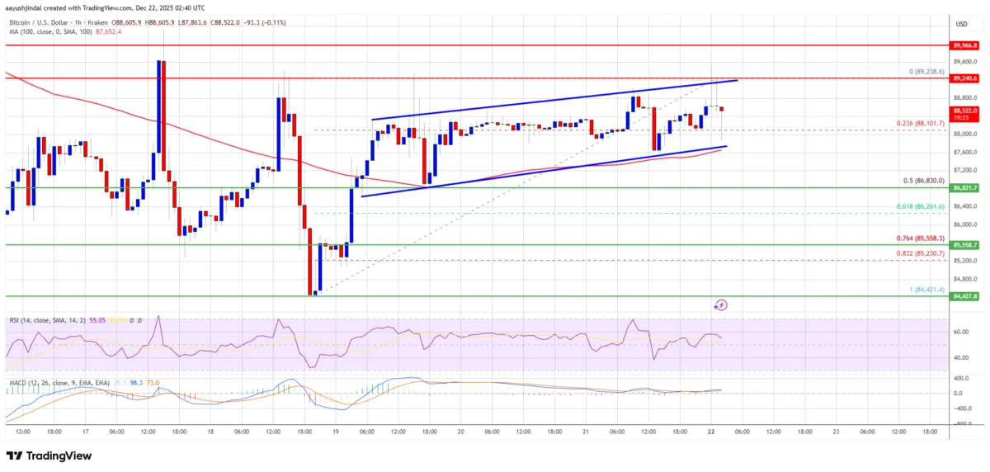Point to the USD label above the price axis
(962, 23)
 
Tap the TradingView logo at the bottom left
(49, 455)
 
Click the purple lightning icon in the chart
(720, 305)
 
